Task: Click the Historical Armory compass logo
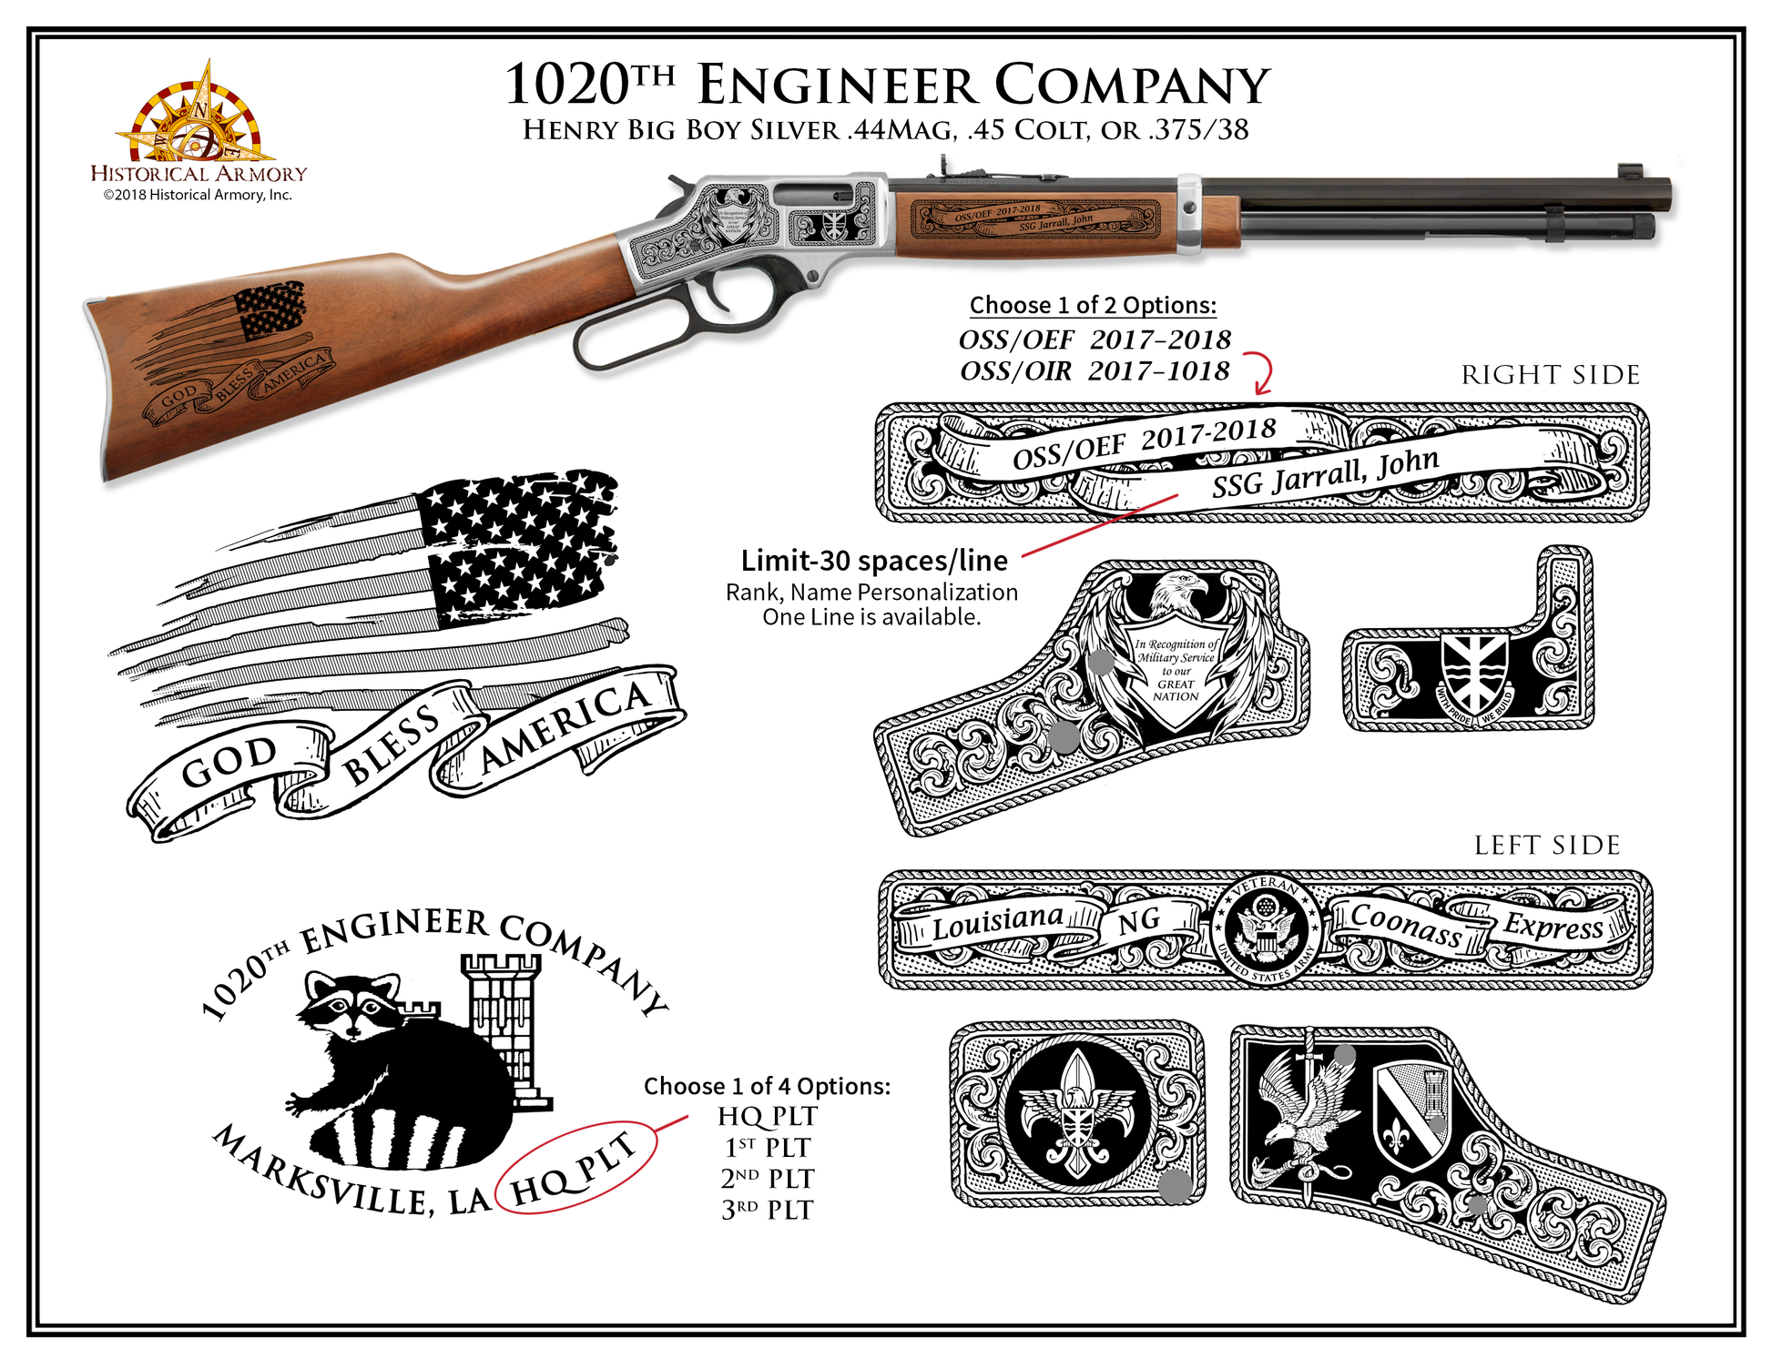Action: click(x=199, y=117)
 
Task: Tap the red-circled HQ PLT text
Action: click(x=575, y=1168)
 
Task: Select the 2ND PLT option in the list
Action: click(x=767, y=1179)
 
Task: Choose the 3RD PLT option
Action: click(x=767, y=1211)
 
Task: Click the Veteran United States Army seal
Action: click(x=1265, y=929)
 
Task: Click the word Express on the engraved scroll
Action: click(x=1553, y=926)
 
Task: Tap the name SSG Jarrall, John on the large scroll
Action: click(x=1325, y=473)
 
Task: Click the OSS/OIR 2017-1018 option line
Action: click(x=1095, y=371)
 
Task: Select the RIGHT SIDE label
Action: click(x=1550, y=375)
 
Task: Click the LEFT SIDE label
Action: click(x=1547, y=846)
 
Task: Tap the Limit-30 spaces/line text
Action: click(x=874, y=561)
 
